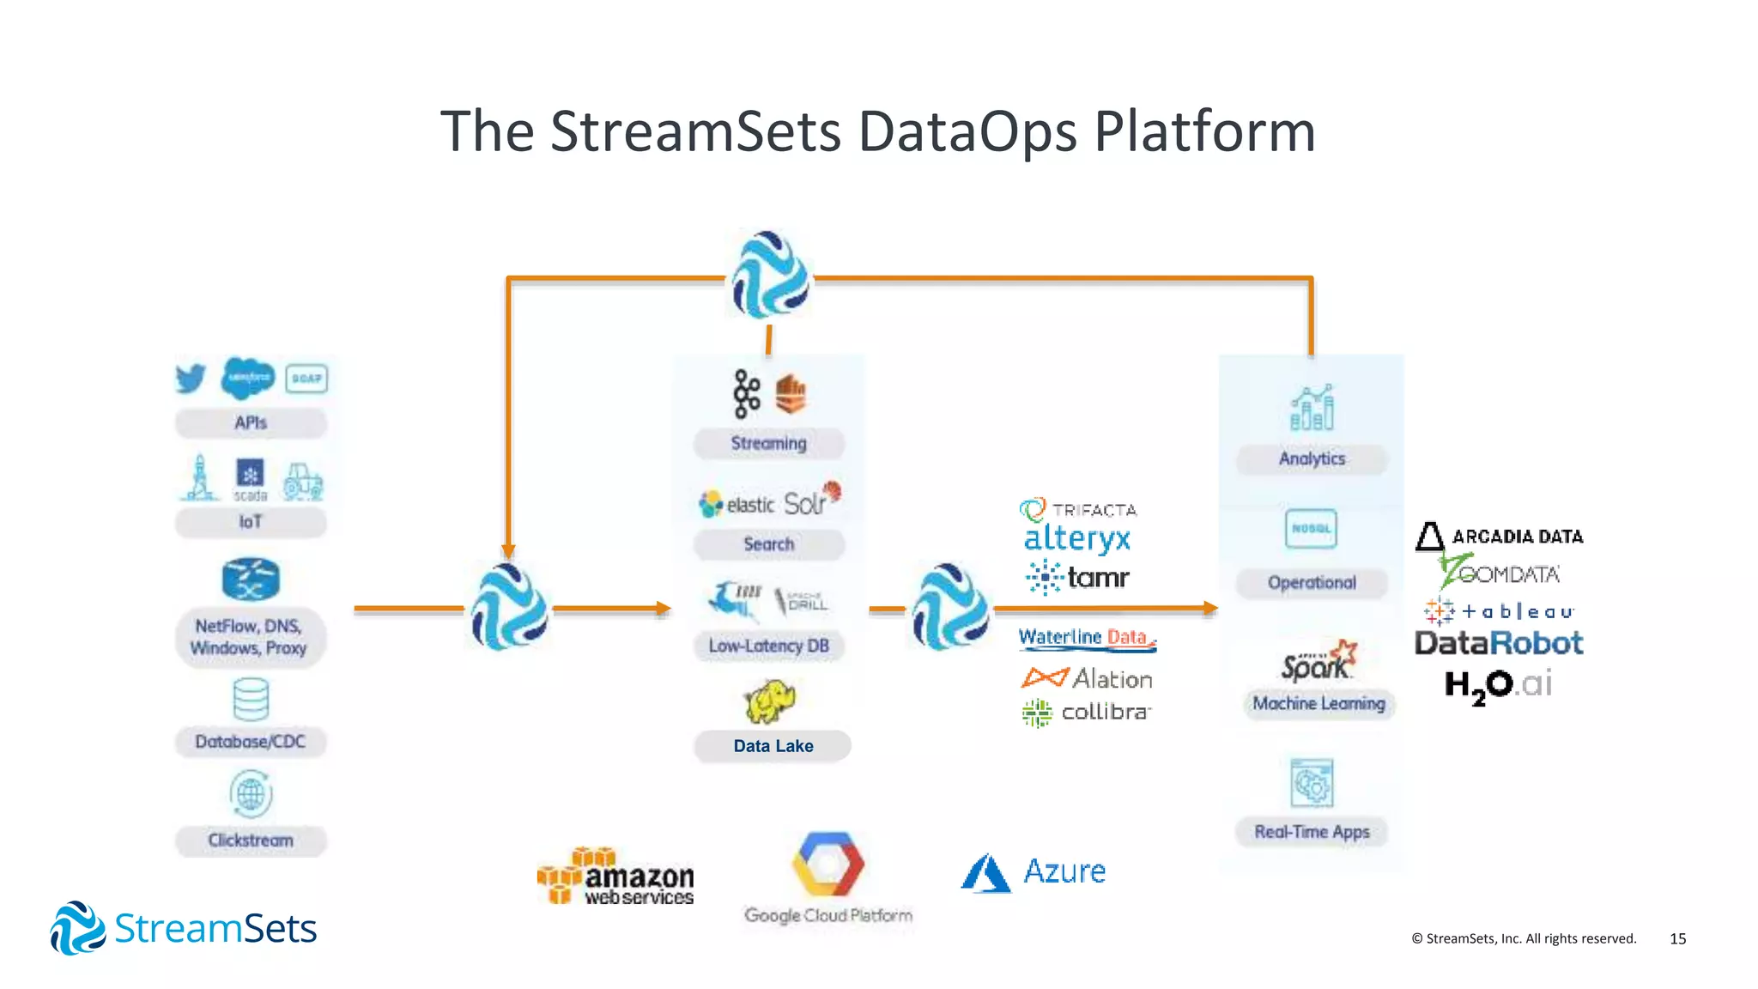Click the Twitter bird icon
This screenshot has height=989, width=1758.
pos(191,378)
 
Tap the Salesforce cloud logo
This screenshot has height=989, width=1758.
pos(247,378)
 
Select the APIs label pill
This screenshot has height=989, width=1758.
pos(251,423)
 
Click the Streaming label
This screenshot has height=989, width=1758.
pos(768,444)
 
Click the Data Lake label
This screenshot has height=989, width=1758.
pos(773,746)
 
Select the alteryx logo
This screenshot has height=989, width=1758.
pos(1077,539)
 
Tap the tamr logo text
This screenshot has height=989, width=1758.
pos(1098,578)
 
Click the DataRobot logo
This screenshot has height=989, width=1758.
pos(1498,643)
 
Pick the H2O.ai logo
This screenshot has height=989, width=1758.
pos(1498,685)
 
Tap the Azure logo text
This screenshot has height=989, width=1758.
pos(1064,871)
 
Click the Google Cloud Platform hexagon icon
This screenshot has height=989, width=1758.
pos(827,864)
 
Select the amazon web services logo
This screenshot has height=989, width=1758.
pos(616,877)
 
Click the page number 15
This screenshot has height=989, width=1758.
pos(1677,939)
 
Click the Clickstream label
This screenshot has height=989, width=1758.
pos(251,840)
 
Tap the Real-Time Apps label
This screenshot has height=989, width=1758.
pos(1311,832)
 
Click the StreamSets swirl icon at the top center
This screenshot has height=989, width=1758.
pos(770,275)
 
